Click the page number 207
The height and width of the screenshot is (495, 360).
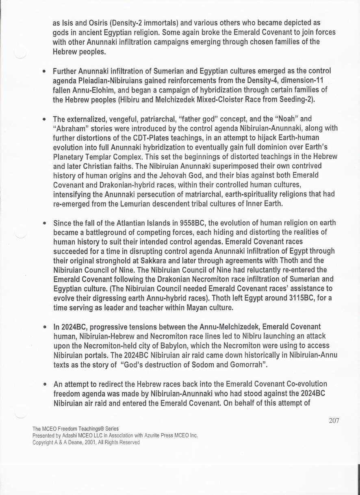coord(334,421)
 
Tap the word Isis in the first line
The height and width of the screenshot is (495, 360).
coord(67,23)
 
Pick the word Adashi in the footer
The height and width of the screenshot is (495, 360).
coord(75,435)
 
